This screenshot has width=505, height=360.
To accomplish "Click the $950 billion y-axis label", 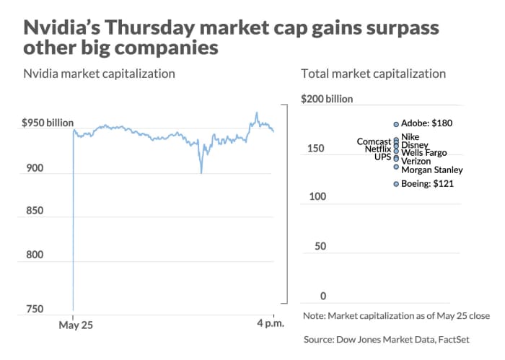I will coord(48,123).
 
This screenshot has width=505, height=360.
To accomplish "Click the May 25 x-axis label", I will coord(75,326).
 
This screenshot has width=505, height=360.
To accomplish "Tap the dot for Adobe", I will coord(395,124).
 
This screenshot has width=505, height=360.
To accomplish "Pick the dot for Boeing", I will coord(395,184).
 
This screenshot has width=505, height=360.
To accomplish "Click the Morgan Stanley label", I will coord(431,170).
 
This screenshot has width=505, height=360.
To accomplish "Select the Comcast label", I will coord(374,141).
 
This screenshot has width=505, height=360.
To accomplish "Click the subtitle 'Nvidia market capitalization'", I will coord(99,74).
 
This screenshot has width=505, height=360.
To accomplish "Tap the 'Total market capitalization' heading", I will coord(373,74).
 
